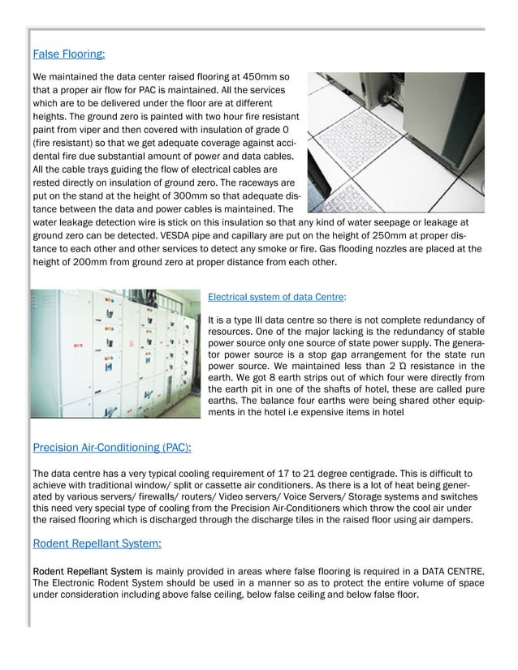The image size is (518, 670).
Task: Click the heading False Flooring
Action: pos(69,55)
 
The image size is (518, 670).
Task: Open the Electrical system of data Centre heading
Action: pos(277,298)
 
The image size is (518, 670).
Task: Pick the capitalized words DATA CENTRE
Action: pos(448,571)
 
